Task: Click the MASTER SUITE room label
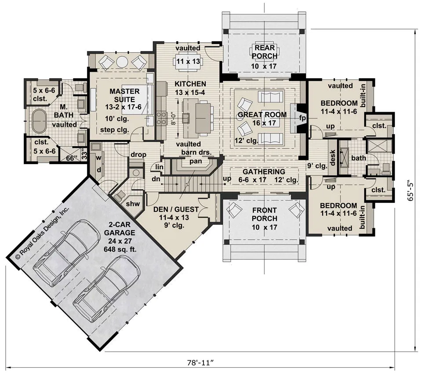(124, 95)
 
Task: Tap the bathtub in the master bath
(39, 121)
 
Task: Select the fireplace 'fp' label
(302, 118)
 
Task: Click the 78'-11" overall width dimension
(200, 362)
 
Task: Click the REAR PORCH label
(265, 52)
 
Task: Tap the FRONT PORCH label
(265, 214)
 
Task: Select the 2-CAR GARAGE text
(120, 228)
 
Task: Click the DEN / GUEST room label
(176, 209)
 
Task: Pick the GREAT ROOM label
(262, 115)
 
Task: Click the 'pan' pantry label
(196, 161)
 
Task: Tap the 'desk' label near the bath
(332, 158)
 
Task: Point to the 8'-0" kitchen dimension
(174, 118)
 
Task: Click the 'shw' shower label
(133, 204)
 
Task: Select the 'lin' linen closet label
(159, 167)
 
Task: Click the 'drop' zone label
(138, 155)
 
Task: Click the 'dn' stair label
(156, 179)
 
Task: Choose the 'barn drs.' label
(196, 153)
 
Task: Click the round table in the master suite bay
(123, 62)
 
